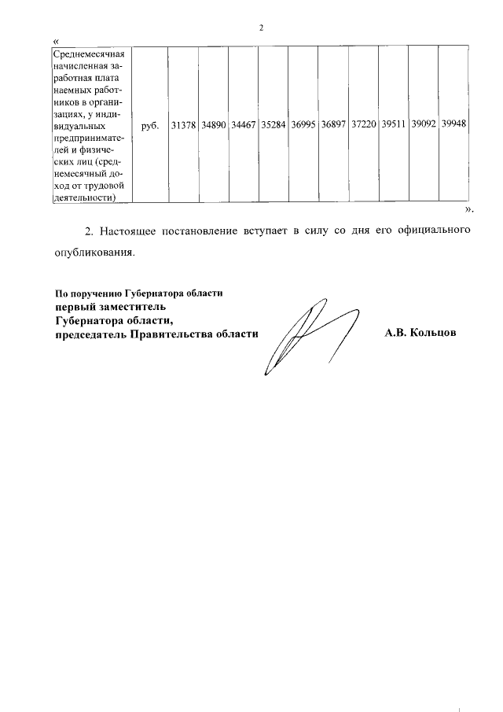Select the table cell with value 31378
click(x=183, y=125)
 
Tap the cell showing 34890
click(x=213, y=125)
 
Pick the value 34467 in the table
click(x=243, y=125)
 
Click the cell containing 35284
click(x=273, y=125)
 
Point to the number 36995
click(x=303, y=125)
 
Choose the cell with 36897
click(x=332, y=125)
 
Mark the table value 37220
click(x=363, y=125)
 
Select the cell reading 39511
click(x=393, y=125)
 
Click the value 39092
click(x=423, y=125)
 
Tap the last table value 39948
click(x=453, y=125)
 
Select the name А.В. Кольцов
click(x=420, y=334)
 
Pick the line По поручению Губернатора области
click(x=139, y=292)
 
